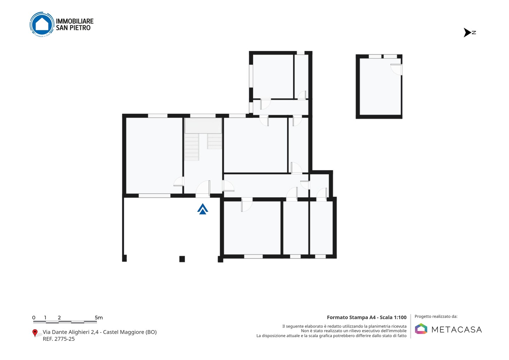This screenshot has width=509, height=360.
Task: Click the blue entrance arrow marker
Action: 203,209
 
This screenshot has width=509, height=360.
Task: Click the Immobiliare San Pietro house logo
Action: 42,24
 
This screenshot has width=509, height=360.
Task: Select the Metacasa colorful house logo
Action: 421,329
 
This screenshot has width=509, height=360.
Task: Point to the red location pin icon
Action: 35,333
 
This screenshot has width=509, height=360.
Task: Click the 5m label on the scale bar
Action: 99,318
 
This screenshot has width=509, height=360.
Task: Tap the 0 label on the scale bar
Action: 34,318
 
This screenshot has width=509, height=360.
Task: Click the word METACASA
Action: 457,330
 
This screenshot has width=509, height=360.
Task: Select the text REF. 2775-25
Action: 59,339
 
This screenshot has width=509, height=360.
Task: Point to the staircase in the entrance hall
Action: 203,139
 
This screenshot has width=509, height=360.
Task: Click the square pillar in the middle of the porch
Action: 182,259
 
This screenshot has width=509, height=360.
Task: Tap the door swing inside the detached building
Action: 396,69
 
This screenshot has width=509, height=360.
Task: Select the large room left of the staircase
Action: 154,156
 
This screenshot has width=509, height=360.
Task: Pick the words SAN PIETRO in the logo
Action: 73,28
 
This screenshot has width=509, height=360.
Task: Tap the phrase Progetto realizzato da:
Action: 436,317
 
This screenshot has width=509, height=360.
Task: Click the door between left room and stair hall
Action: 179,181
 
